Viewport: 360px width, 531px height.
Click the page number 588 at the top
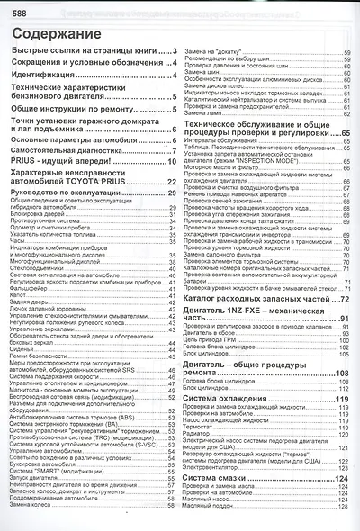coord(13,6)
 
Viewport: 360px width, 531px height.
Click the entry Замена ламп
coord(205,114)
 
